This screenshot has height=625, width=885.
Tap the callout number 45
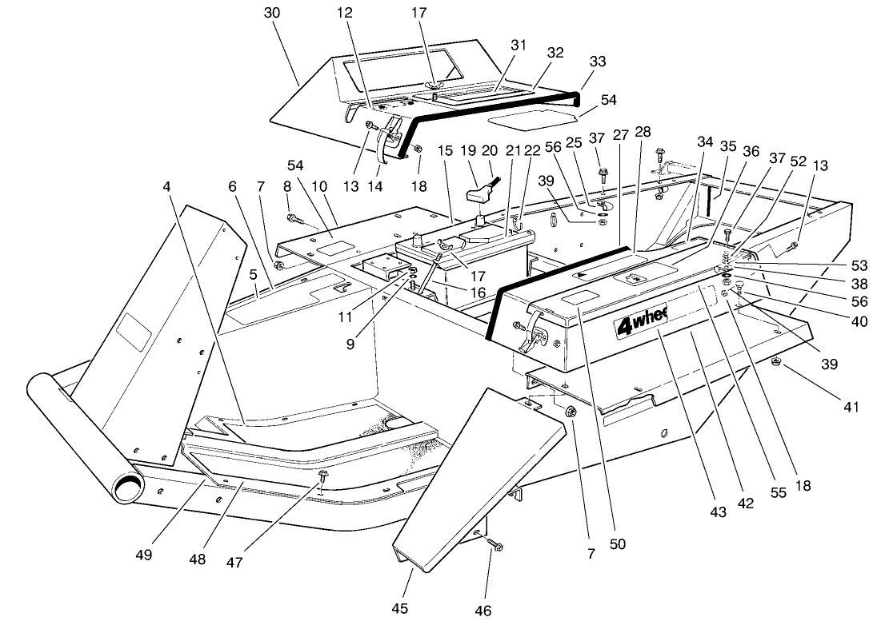(400, 608)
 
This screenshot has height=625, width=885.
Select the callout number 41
(850, 407)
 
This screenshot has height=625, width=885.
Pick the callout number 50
(617, 544)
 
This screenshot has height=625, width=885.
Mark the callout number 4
(166, 187)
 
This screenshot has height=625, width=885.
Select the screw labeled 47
(322, 477)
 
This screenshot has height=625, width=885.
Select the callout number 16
(479, 293)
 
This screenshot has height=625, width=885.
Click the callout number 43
(718, 512)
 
